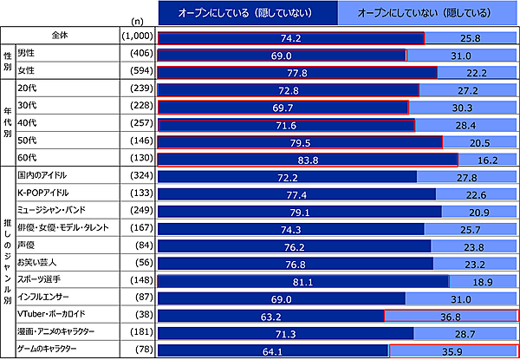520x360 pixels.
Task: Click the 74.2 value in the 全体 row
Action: tap(291, 39)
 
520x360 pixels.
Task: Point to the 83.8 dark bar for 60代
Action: tap(307, 160)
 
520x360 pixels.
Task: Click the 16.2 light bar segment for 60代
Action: tap(487, 160)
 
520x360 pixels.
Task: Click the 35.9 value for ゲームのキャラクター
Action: tap(452, 350)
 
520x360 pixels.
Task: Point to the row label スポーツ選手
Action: tap(40, 280)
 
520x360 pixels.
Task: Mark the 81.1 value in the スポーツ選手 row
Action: tap(302, 281)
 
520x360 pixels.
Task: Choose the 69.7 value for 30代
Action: tap(283, 108)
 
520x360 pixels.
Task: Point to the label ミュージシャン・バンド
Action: tap(55, 211)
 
